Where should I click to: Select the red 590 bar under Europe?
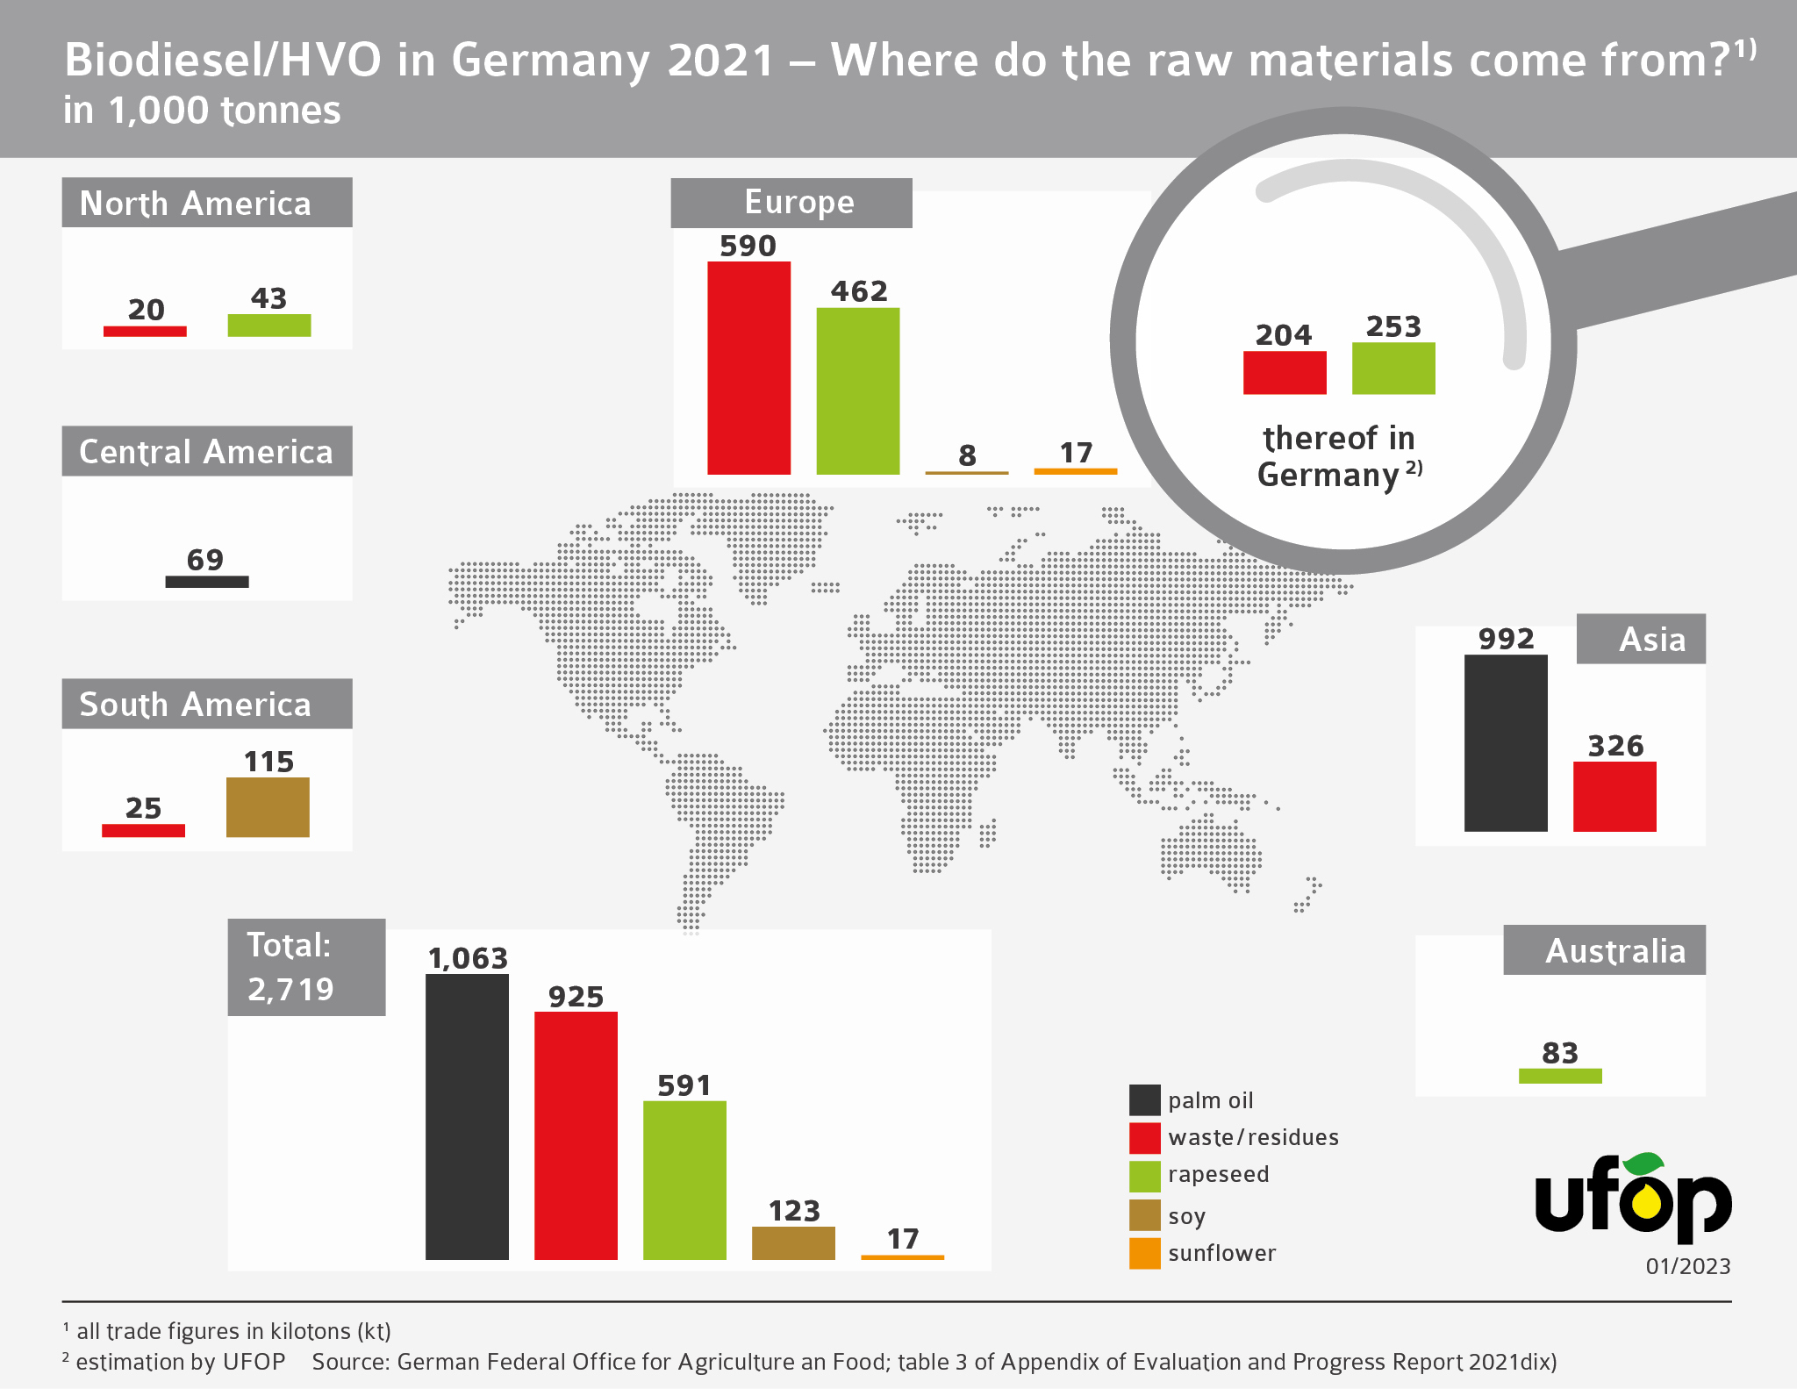pos(748,368)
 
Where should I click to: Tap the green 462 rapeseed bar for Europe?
pos(857,390)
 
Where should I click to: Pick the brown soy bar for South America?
pos(268,806)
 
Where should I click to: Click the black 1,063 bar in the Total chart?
pos(467,1116)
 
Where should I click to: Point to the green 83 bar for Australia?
pos(1560,1076)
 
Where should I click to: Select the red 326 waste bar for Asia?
pos(1614,796)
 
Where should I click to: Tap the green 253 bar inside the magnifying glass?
pos(1393,368)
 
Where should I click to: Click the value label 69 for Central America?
pos(205,560)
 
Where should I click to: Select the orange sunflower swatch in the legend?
pos(1144,1253)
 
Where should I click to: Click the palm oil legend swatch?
pos(1144,1099)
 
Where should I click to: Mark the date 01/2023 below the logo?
pos(1687,1266)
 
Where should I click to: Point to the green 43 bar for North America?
pos(269,325)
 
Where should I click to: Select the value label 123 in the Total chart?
pos(794,1211)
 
